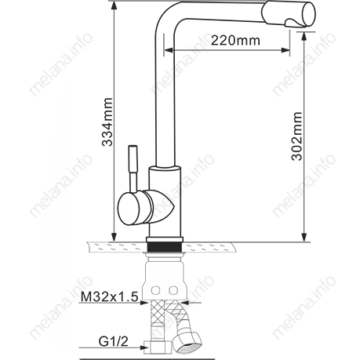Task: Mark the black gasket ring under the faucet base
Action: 166,245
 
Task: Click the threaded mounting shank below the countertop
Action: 165,271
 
